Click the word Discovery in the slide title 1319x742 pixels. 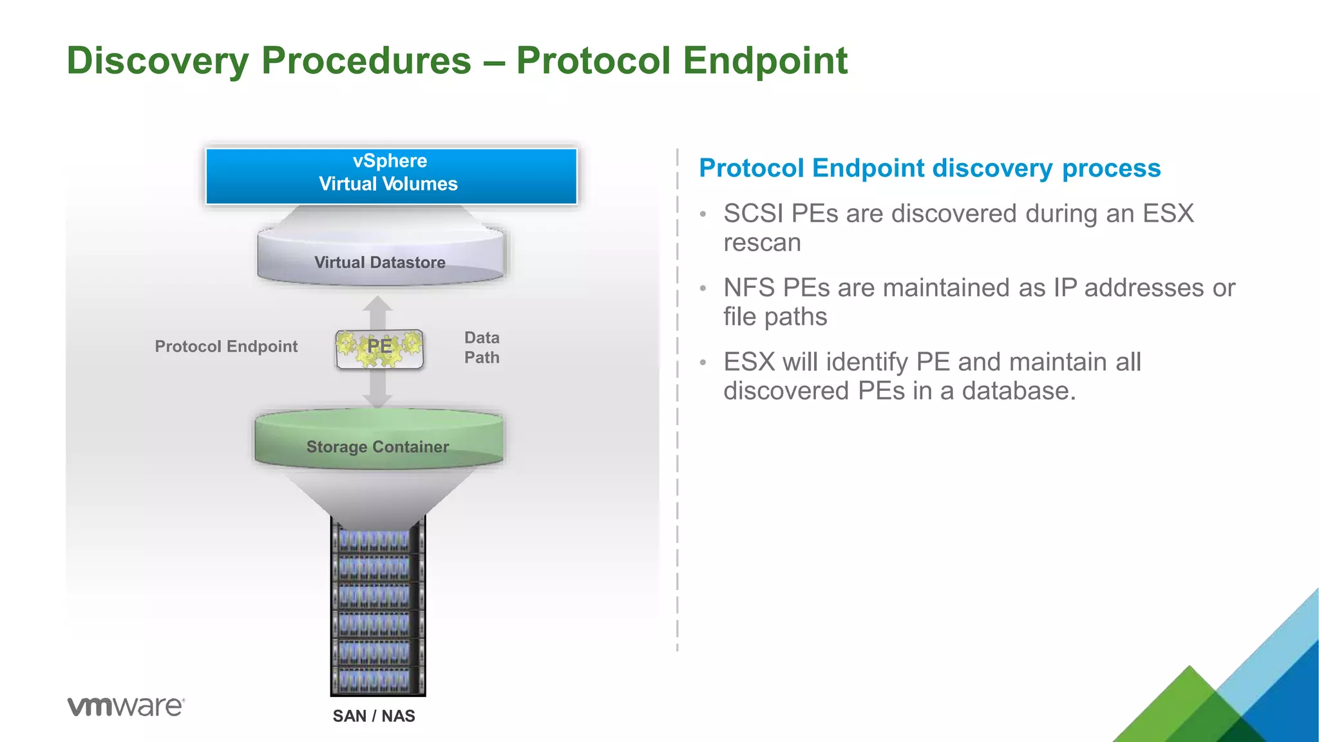pos(157,61)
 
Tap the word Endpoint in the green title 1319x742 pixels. pos(764,61)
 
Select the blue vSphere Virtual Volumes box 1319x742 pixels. pos(391,176)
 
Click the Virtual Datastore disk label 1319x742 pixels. pos(380,262)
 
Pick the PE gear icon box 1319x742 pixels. pos(379,348)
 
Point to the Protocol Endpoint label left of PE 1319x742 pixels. pos(226,347)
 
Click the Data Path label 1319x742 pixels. pos(482,348)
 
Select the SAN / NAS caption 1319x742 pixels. pos(374,716)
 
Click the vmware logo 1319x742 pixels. pos(126,706)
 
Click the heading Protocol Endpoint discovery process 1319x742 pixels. pos(929,168)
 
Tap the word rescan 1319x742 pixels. pos(762,243)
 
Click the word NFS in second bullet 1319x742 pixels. pos(748,288)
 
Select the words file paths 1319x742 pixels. pos(775,317)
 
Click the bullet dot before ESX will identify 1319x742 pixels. pos(703,363)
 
